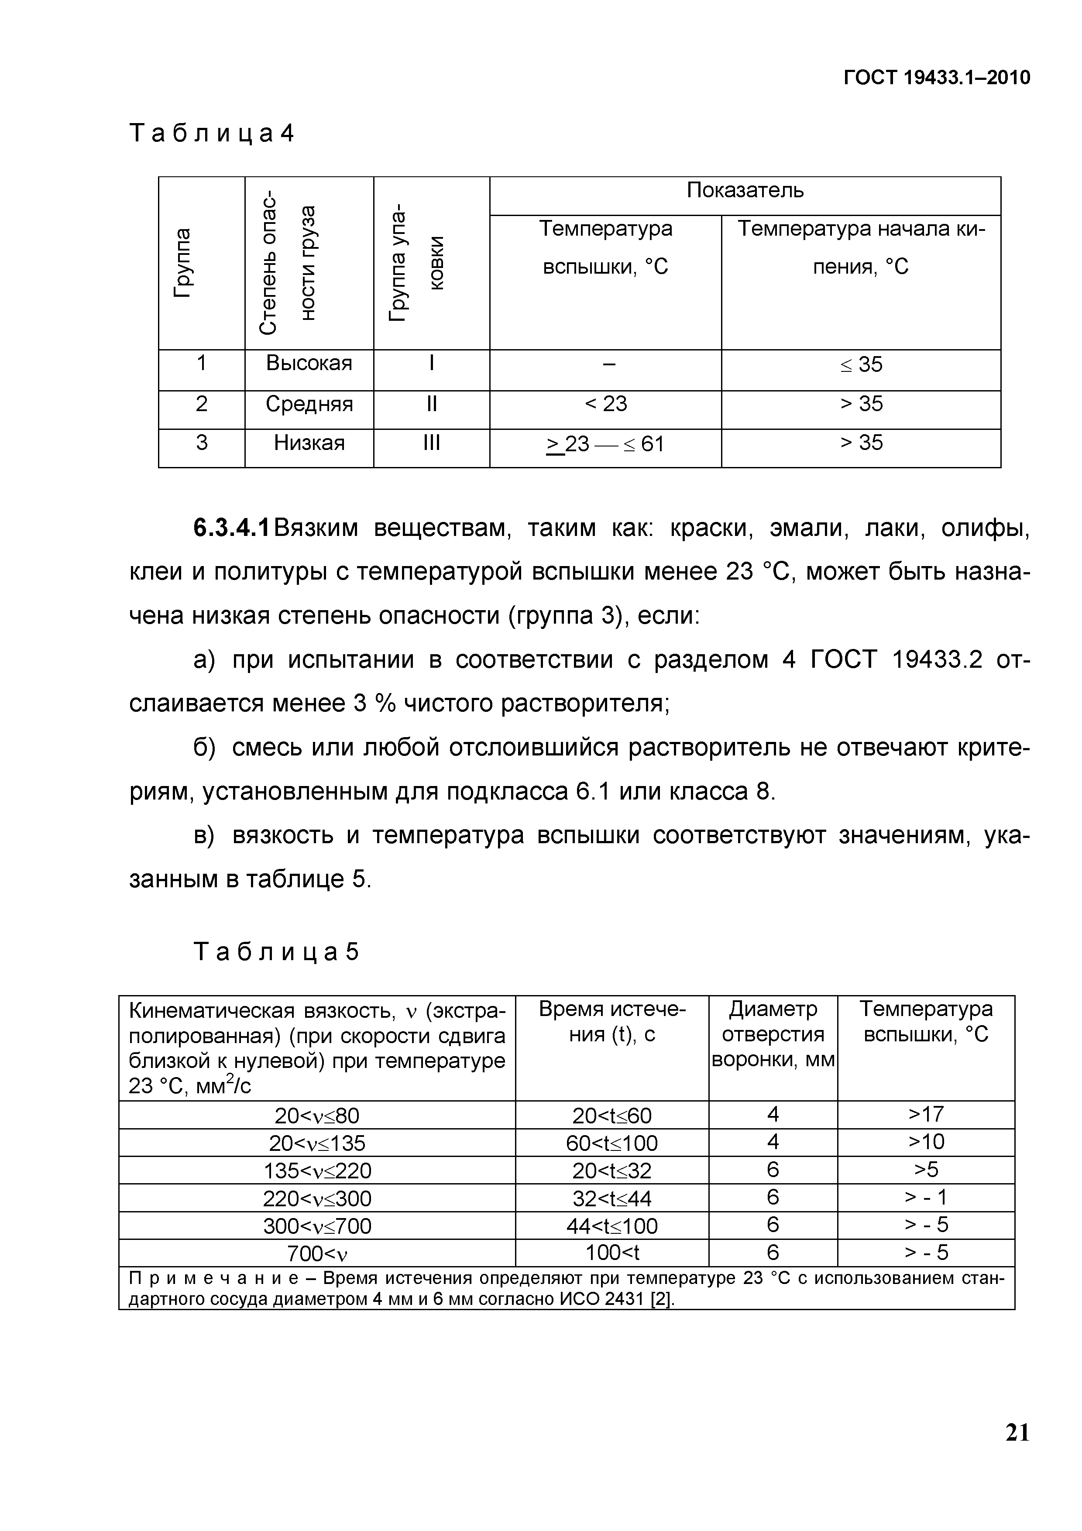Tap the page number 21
click(x=1017, y=1451)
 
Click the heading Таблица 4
click(x=211, y=134)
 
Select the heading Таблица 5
click(x=276, y=951)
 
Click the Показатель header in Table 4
click(x=745, y=191)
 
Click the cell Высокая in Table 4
click(x=309, y=364)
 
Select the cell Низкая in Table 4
click(x=309, y=443)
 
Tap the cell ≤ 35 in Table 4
click(x=861, y=365)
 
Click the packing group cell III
click(x=431, y=443)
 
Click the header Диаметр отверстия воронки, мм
click(x=773, y=1034)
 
